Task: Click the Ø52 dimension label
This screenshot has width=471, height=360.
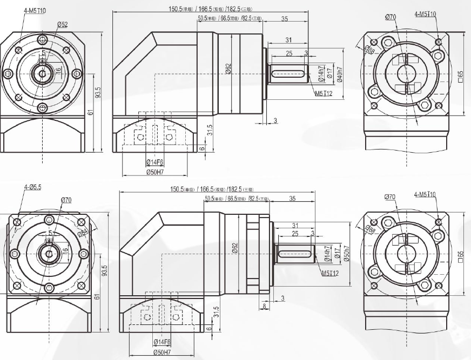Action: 62,24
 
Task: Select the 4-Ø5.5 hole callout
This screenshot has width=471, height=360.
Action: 32,187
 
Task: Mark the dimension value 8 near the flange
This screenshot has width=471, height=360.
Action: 264,307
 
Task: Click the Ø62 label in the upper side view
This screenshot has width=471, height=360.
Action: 228,69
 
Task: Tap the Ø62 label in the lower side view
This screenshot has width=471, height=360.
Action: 234,248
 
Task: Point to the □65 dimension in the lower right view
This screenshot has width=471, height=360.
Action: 460,254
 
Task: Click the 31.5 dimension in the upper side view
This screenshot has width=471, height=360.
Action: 209,130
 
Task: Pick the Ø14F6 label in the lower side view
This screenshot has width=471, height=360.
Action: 163,342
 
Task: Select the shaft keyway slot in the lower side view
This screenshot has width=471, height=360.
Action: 295,253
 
